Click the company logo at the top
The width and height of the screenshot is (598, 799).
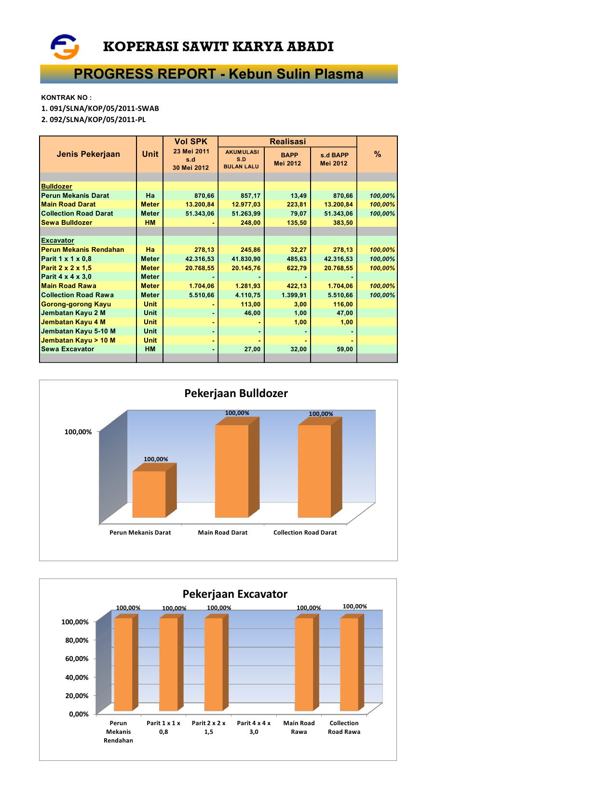tap(65, 47)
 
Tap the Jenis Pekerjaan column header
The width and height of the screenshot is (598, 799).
tap(88, 154)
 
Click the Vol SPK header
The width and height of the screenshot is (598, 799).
tap(190, 141)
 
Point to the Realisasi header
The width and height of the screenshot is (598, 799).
tap(287, 141)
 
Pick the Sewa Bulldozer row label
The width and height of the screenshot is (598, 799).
tap(67, 223)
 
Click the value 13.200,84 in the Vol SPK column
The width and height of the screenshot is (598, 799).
tap(200, 205)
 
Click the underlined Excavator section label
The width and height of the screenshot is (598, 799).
tap(57, 241)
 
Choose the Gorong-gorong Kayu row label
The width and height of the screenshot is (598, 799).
tap(76, 304)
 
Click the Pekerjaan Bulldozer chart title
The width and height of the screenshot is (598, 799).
tap(236, 393)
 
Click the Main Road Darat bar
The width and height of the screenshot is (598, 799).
tap(232, 470)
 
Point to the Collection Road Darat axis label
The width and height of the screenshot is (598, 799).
tap(305, 533)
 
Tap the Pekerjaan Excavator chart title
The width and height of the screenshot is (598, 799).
tap(235, 594)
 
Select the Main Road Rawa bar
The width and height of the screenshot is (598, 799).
tap(304, 664)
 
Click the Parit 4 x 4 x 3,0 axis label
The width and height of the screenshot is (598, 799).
tap(254, 728)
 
